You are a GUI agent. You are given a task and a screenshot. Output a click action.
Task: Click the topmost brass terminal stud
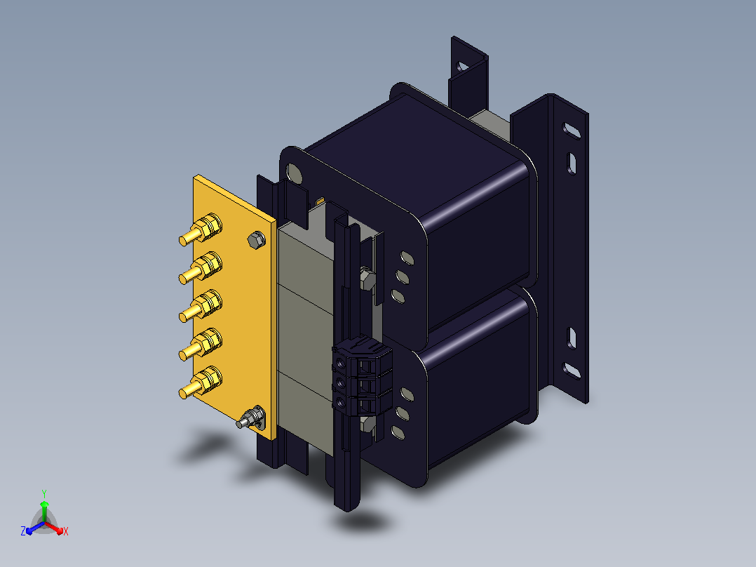click(x=201, y=229)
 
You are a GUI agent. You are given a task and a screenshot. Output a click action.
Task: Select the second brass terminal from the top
click(x=201, y=268)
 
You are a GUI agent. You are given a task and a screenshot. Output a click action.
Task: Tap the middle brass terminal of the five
click(x=201, y=307)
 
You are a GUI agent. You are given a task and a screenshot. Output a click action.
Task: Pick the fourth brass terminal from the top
click(x=201, y=345)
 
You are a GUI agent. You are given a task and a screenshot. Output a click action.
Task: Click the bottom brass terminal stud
click(x=201, y=383)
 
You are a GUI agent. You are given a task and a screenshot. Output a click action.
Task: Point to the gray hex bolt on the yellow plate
click(x=257, y=240)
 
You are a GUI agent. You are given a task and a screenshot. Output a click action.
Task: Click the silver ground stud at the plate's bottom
click(x=251, y=418)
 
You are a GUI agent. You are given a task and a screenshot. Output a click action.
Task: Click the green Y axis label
click(x=44, y=493)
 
